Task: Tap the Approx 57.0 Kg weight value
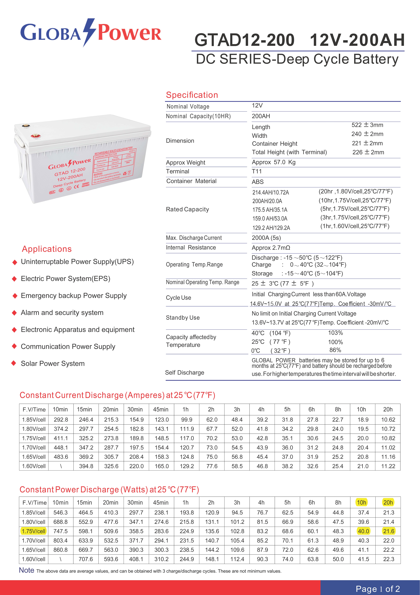point(273,162)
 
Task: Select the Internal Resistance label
point(191,248)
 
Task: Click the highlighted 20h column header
point(388,503)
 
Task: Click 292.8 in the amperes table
point(61,420)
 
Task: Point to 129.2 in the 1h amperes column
point(187,466)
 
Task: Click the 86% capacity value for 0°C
point(335,350)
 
